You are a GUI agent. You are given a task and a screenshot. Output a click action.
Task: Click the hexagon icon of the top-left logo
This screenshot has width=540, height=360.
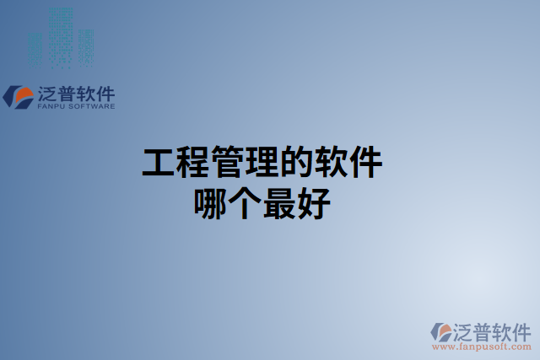(19, 96)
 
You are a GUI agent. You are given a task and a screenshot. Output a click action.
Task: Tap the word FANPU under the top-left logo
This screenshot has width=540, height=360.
(53, 107)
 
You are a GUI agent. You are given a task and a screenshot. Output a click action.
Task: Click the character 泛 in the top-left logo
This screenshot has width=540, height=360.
(47, 93)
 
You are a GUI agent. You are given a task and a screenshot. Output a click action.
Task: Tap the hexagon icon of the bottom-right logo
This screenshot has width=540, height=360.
(440, 332)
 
